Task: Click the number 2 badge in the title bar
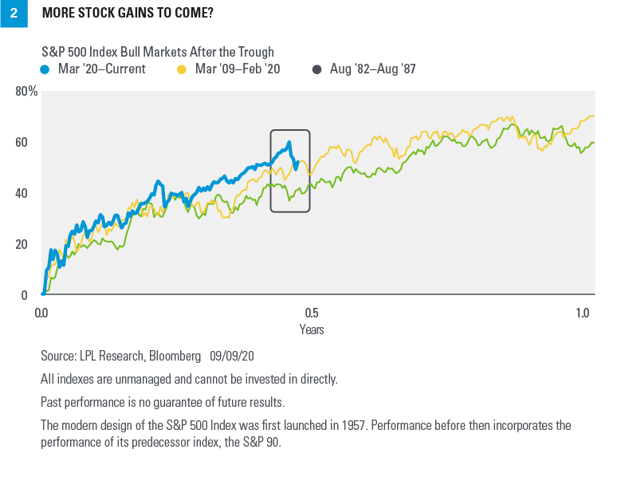(x=14, y=14)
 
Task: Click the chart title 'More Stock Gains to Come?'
(x=127, y=14)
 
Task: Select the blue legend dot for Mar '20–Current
(x=45, y=69)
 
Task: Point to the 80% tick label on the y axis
(x=26, y=91)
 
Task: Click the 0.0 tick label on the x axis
(x=42, y=311)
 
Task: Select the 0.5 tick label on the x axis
(x=312, y=311)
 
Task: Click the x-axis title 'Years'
(x=312, y=329)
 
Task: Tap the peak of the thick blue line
(x=289, y=143)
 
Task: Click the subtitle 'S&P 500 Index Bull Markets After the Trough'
(x=157, y=53)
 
